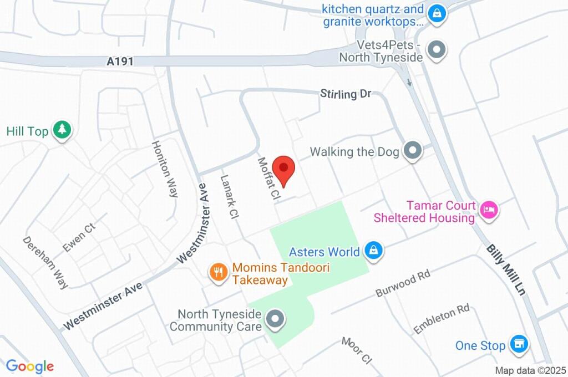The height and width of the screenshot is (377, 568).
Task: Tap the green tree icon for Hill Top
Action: [62, 130]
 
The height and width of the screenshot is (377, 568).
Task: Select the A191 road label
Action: [120, 61]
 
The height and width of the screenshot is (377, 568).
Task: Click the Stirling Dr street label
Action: [345, 94]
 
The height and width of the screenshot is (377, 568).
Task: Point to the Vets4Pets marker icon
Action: [438, 50]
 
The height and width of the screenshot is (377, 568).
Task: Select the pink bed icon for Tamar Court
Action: [489, 210]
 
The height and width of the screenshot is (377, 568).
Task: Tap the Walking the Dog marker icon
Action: [412, 151]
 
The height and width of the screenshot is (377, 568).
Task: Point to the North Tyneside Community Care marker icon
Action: [274, 319]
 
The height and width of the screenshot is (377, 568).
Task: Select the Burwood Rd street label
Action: [403, 283]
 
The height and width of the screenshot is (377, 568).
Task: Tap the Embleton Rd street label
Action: [441, 318]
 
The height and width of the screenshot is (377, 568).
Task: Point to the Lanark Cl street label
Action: [229, 197]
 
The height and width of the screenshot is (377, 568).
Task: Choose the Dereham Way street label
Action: [45, 262]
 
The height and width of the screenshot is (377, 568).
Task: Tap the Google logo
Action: [30, 366]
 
